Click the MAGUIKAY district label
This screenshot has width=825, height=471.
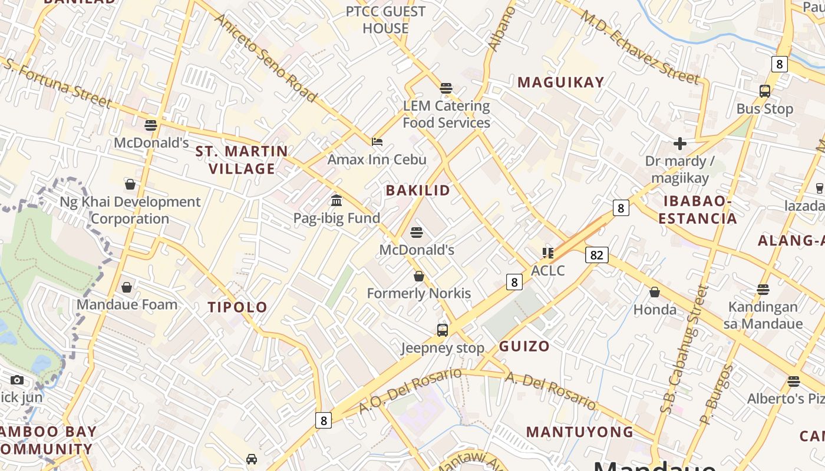(561, 82)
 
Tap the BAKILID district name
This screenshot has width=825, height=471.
(418, 190)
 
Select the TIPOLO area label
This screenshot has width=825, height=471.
(237, 307)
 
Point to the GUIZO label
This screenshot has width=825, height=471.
(524, 346)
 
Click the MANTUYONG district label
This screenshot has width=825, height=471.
(580, 432)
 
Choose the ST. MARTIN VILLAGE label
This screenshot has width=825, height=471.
(242, 160)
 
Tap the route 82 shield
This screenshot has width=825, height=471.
(596, 255)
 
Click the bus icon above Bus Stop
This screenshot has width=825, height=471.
(765, 91)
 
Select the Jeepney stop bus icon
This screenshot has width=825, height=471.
(443, 330)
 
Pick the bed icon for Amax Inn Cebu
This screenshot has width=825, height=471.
(377, 142)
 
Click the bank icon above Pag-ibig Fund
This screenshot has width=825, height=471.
(336, 201)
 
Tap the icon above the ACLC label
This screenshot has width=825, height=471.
(548, 253)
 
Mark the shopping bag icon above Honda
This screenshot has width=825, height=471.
(655, 292)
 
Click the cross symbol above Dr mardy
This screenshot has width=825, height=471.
(680, 143)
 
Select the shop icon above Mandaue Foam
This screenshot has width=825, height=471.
(127, 287)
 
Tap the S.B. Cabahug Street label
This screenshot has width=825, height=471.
(684, 349)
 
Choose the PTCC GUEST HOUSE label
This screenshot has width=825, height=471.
(385, 20)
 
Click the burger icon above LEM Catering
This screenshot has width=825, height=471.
(446, 89)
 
